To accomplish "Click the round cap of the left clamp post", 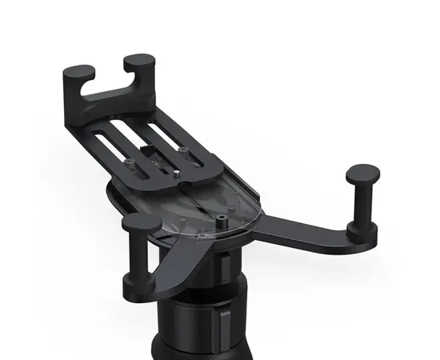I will (142, 223).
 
